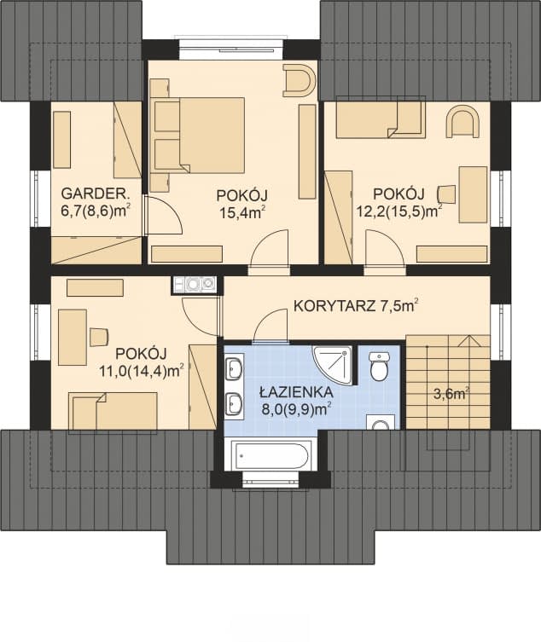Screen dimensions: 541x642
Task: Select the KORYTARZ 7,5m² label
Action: coord(356,306)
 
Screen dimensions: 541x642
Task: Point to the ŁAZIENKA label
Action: coord(296,392)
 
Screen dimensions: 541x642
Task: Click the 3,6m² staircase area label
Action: coord(451,395)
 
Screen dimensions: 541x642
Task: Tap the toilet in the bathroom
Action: coord(379,365)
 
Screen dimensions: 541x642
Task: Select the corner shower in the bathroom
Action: coord(333,365)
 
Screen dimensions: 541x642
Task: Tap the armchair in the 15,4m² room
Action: coord(300,80)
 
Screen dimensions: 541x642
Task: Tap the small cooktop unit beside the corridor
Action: coord(195,285)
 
